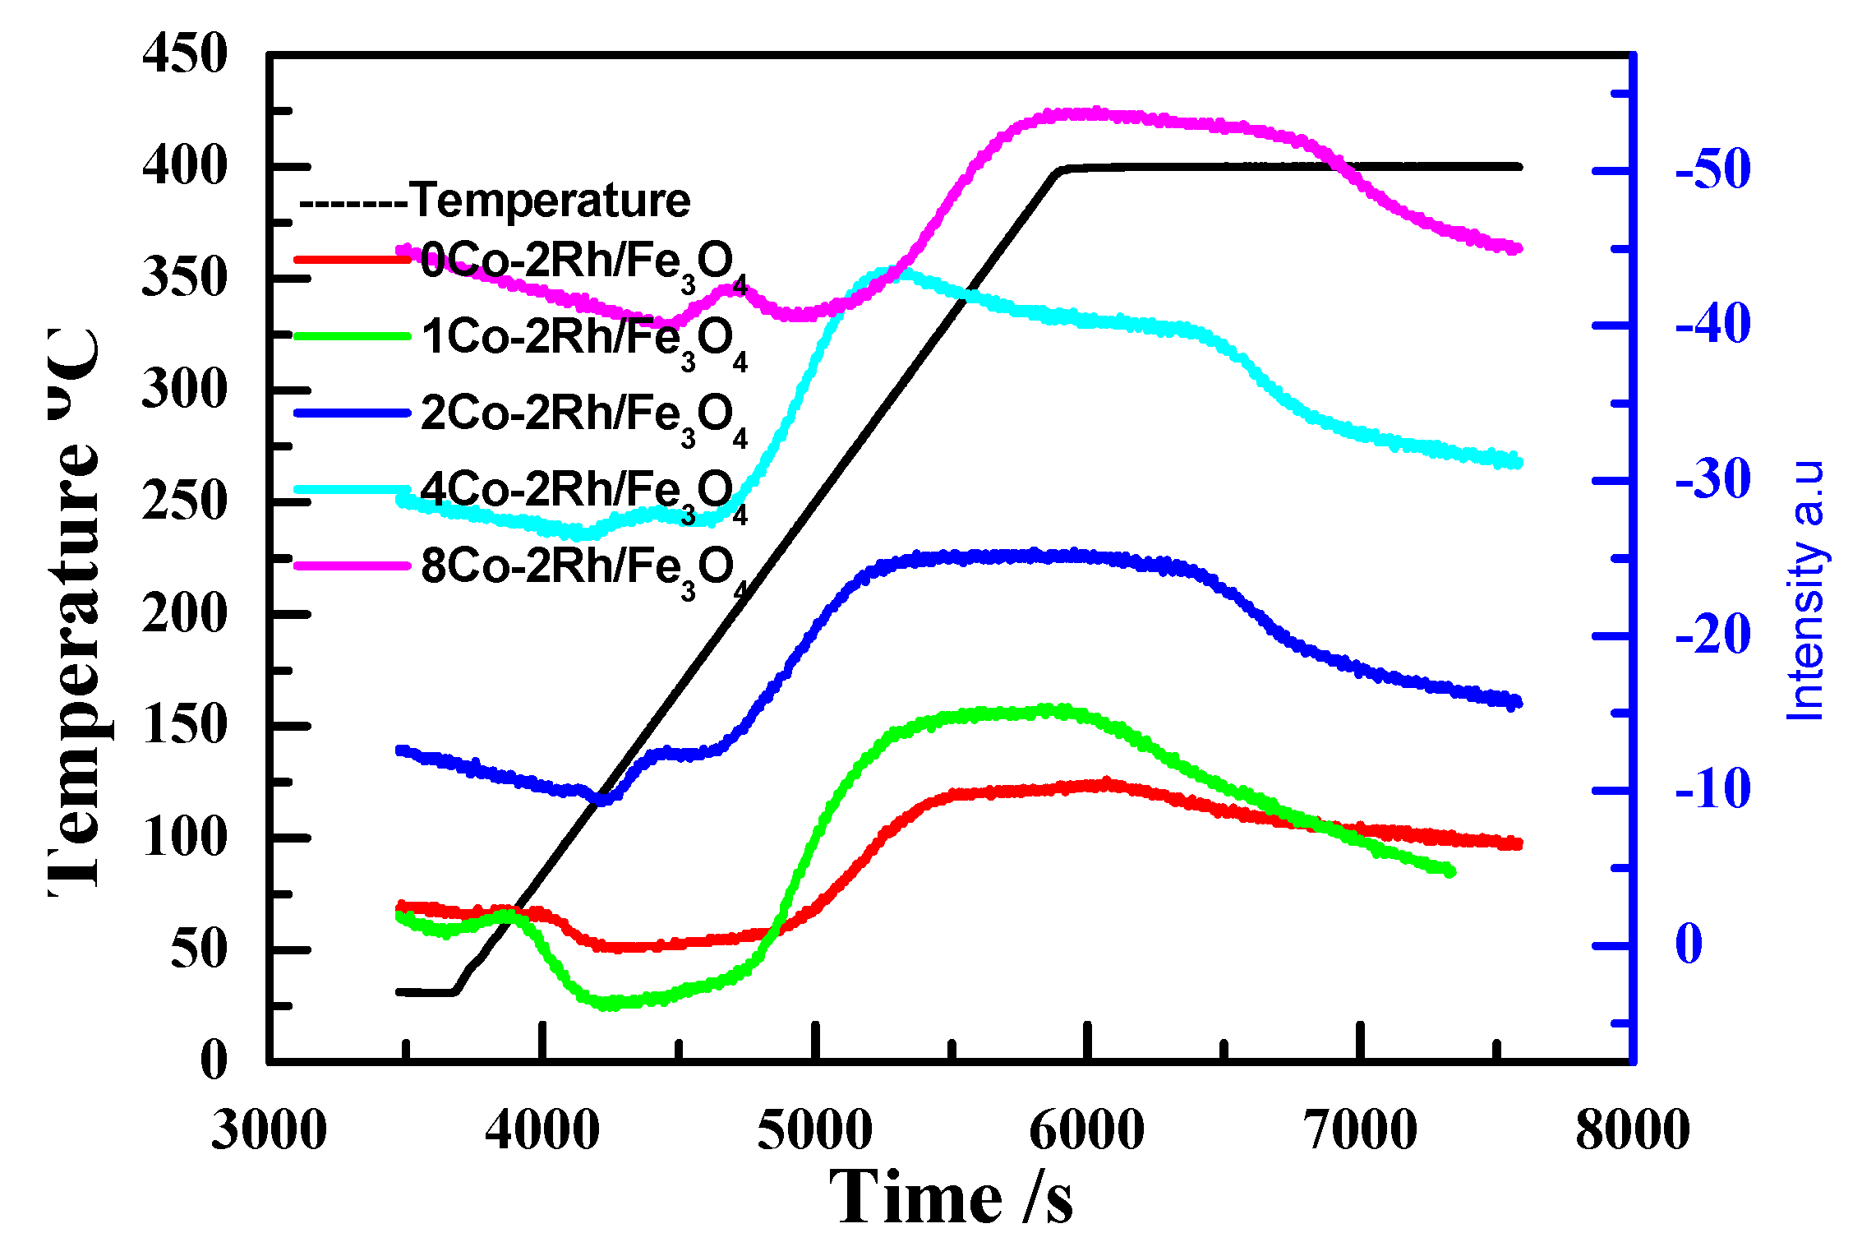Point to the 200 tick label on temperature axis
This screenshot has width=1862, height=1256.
[184, 614]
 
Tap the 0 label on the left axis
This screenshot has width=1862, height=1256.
[214, 1060]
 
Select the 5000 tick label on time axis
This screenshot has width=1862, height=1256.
[814, 1129]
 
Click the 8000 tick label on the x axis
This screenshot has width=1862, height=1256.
[1632, 1129]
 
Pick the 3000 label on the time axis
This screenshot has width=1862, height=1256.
[269, 1129]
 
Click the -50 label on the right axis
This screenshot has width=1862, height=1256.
[1712, 169]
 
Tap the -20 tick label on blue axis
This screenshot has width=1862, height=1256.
[1712, 635]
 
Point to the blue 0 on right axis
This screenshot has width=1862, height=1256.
[1689, 944]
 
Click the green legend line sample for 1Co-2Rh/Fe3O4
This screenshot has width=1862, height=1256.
[352, 336]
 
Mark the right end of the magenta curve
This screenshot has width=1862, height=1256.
[1519, 248]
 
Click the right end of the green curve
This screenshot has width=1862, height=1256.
[1451, 871]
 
